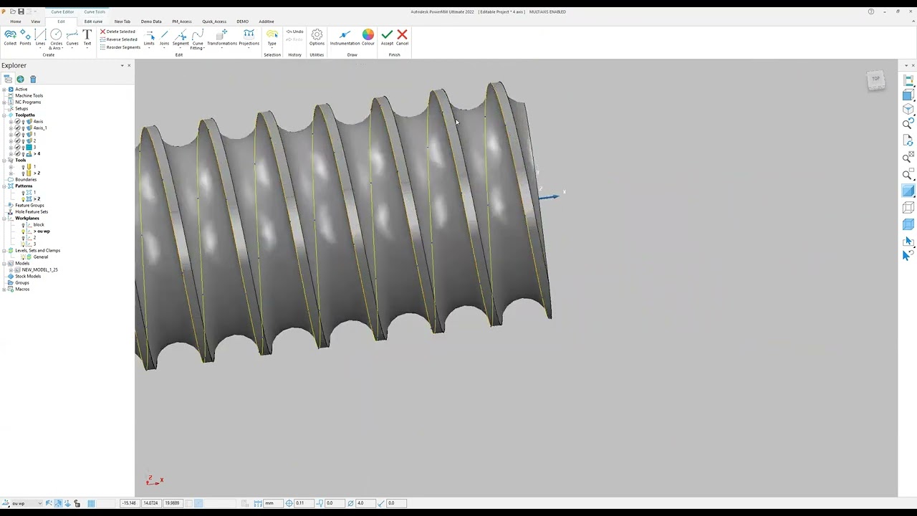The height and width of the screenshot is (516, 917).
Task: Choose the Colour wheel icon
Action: tap(368, 36)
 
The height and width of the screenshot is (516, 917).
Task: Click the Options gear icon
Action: tap(317, 36)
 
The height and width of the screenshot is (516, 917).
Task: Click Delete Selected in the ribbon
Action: tap(118, 32)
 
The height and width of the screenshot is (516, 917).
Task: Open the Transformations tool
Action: tap(222, 37)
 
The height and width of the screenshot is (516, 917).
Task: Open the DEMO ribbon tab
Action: tap(242, 21)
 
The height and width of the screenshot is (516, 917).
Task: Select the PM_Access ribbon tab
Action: tap(181, 21)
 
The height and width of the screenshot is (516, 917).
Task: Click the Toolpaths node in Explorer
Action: tap(25, 115)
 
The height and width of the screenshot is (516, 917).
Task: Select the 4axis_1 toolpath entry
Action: tap(39, 128)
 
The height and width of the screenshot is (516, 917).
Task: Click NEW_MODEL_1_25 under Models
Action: tap(39, 269)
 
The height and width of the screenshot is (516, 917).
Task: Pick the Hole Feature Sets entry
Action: tap(32, 211)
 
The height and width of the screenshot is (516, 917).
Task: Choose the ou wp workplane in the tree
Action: tap(43, 231)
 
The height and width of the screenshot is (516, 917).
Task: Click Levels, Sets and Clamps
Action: tap(37, 250)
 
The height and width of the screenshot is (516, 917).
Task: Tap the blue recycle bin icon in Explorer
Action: tap(33, 79)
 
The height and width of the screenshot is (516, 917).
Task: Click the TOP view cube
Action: tap(875, 79)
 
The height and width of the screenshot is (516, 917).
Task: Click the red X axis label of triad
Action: tap(162, 479)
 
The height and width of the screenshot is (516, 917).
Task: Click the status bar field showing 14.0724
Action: tap(150, 503)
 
